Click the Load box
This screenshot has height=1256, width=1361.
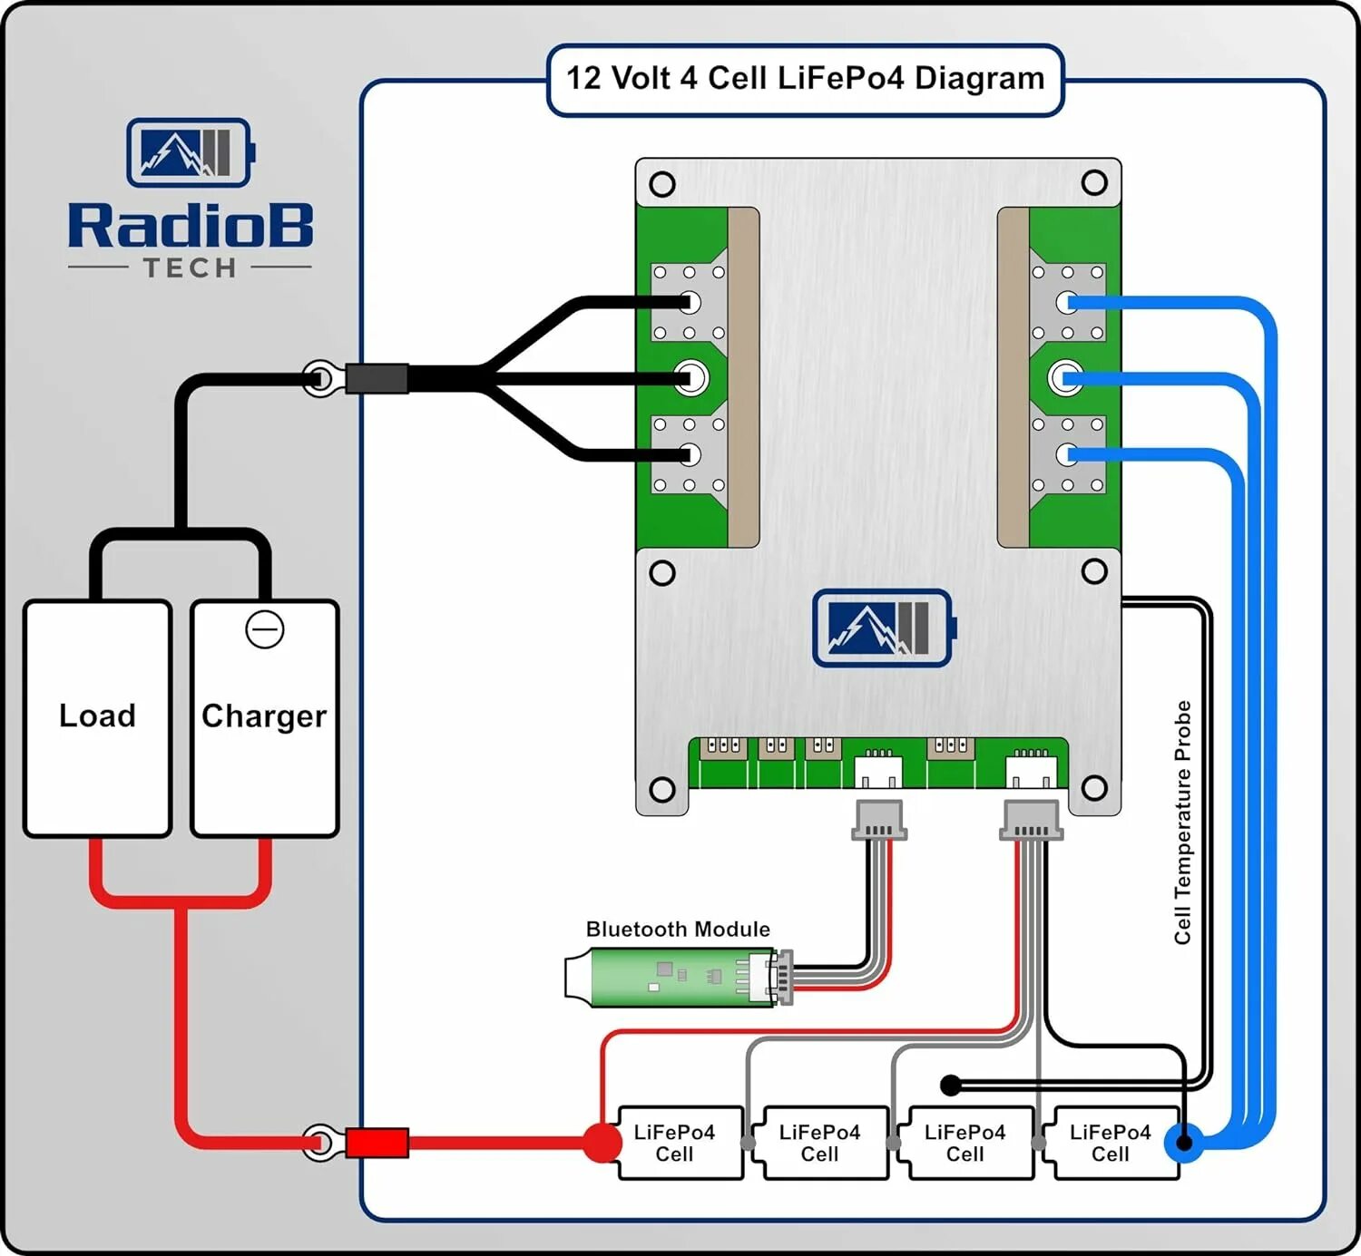pos(97,717)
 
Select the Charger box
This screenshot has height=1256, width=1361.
pos(264,717)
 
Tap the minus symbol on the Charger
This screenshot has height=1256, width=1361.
pos(265,629)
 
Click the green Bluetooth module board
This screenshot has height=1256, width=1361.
pos(671,978)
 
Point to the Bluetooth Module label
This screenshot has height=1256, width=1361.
pos(678,930)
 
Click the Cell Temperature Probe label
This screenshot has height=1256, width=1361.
pos(1182,822)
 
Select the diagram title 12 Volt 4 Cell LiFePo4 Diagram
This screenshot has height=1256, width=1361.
pos(805,79)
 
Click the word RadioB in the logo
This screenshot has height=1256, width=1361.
pos(191,226)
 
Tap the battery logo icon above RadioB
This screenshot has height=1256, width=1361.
pos(190,152)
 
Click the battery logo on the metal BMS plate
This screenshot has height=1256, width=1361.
pos(882,628)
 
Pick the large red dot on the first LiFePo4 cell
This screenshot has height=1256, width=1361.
pos(602,1143)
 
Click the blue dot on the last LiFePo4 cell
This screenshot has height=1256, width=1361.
pos(1183,1143)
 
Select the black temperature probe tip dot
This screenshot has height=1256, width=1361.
pos(950,1085)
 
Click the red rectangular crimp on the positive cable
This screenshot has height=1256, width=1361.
pos(377,1143)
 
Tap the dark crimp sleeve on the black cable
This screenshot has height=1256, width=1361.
pos(377,378)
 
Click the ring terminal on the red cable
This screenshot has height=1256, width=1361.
pos(319,1143)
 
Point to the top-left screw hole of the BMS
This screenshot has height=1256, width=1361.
pos(662,184)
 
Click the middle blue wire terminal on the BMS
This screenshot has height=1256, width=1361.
pos(1065,377)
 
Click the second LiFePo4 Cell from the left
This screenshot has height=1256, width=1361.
pos(820,1143)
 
